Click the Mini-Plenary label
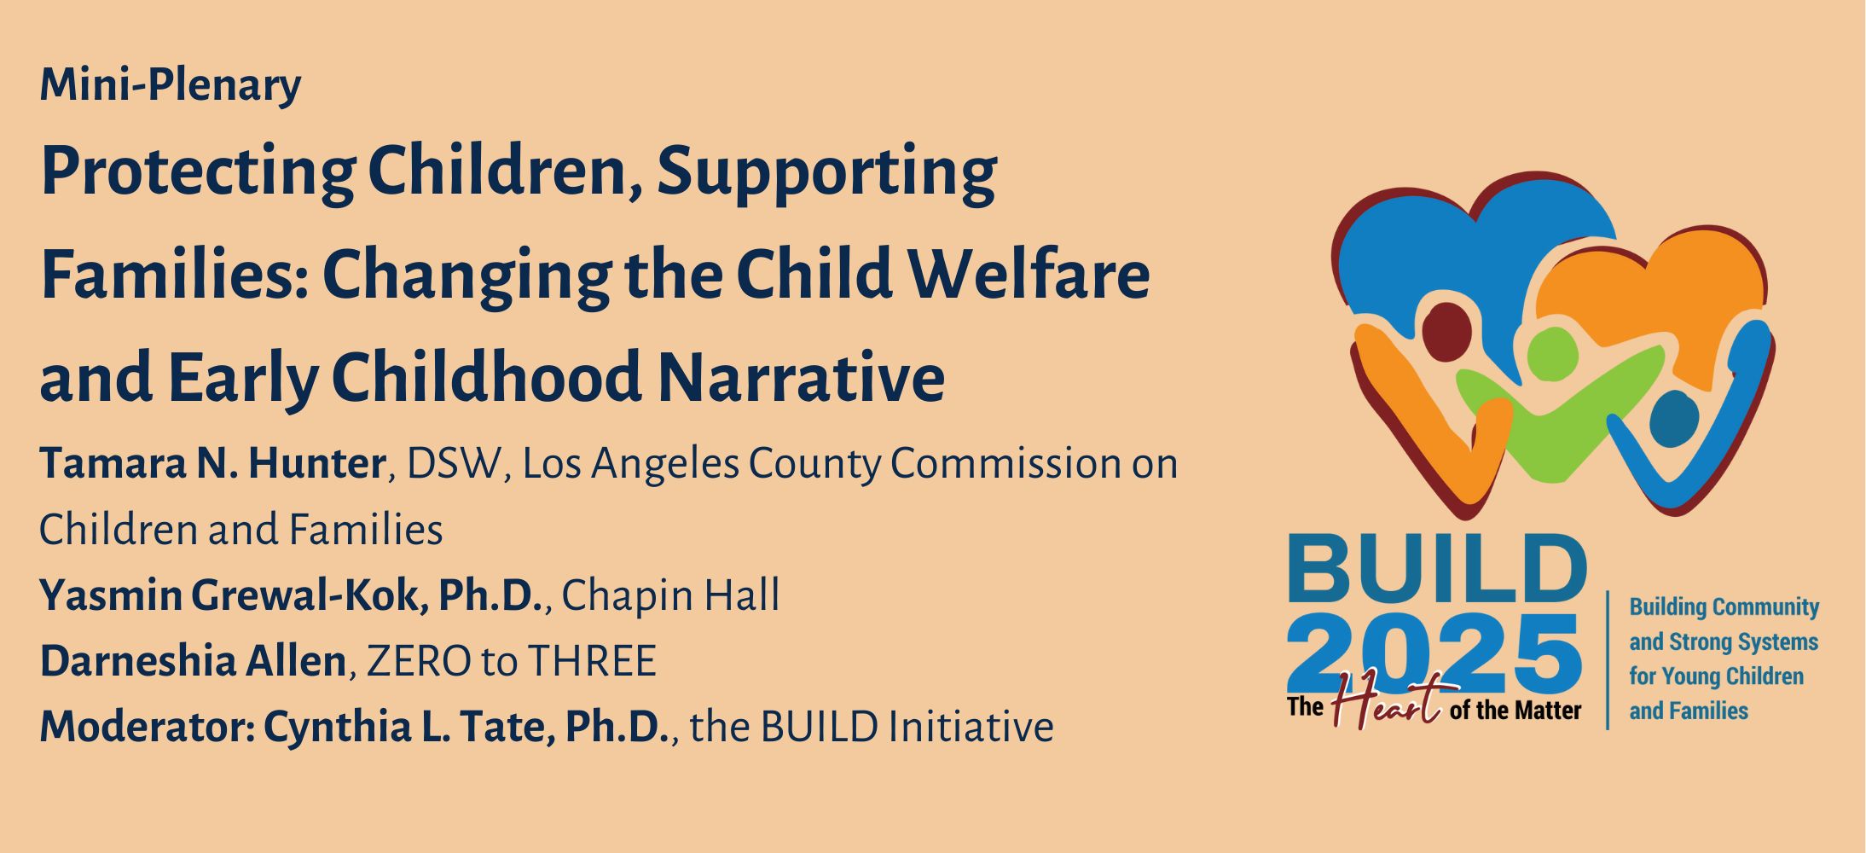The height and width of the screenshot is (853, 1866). click(171, 85)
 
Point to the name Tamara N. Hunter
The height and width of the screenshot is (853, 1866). click(213, 464)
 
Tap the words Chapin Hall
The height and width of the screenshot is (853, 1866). click(670, 595)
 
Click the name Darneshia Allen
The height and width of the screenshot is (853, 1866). click(194, 661)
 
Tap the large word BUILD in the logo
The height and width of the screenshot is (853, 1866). click(1437, 569)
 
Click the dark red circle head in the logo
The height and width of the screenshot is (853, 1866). click(1446, 331)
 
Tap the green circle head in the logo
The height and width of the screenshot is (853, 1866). click(1552, 354)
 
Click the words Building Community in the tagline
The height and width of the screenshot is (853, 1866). click(1724, 607)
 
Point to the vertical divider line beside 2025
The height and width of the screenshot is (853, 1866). click(1608, 660)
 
